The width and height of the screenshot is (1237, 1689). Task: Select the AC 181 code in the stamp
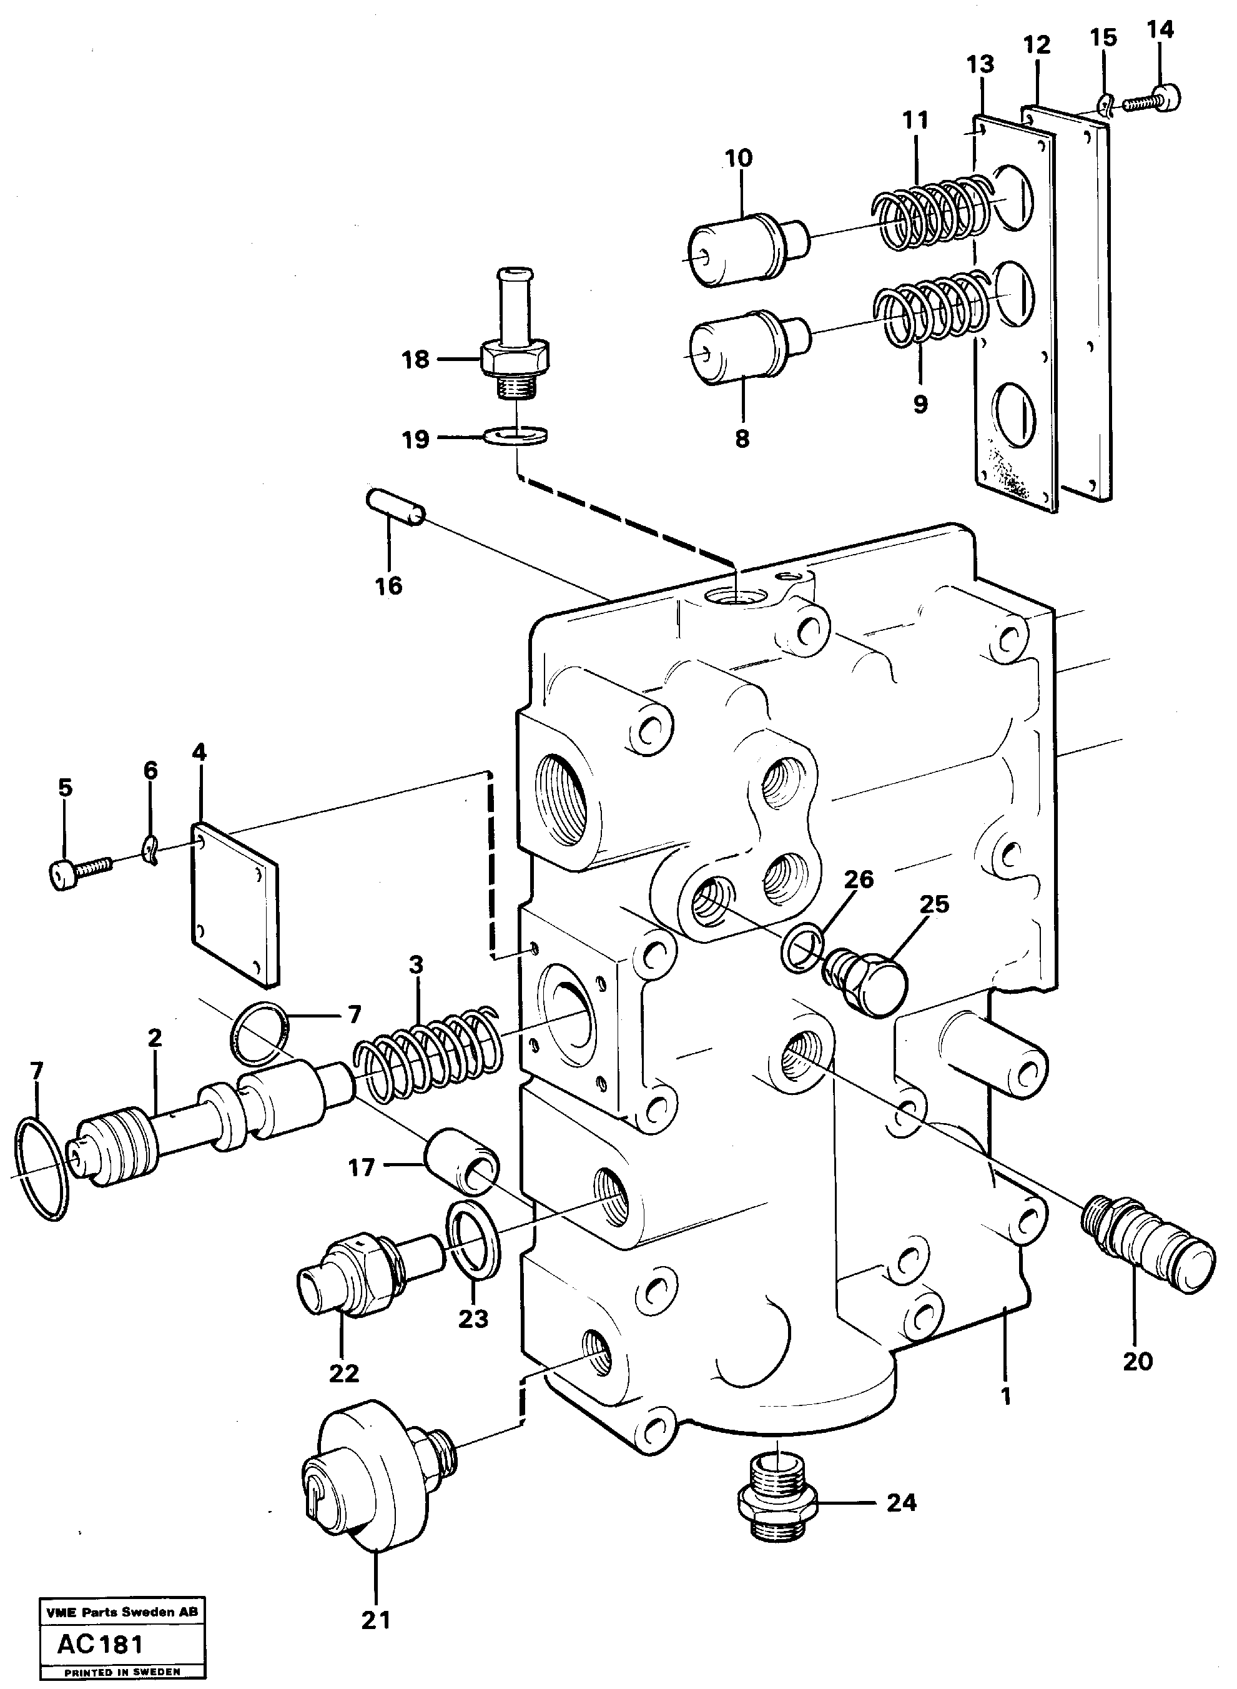click(x=101, y=1644)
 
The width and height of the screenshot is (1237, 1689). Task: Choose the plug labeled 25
click(x=869, y=982)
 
